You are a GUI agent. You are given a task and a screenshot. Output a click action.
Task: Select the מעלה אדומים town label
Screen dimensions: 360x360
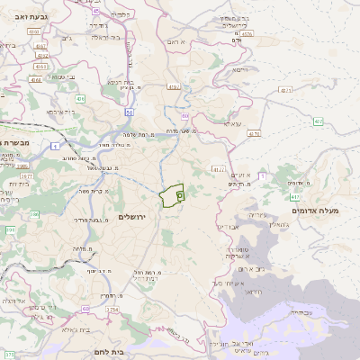click(x=319, y=211)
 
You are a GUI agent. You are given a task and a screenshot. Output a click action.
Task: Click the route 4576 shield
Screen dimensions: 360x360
click(x=247, y=34)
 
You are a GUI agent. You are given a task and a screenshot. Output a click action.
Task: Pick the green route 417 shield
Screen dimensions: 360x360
click(x=294, y=194)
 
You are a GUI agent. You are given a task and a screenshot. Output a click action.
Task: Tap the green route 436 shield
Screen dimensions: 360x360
click(x=80, y=98)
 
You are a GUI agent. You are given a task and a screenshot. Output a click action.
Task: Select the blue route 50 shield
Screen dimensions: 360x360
click(x=130, y=112)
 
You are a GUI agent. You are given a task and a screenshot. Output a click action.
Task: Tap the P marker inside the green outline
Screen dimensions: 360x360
click(x=179, y=192)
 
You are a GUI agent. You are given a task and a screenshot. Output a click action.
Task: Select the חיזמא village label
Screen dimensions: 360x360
click(x=239, y=69)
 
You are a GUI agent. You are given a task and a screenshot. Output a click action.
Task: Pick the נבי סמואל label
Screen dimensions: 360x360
click(x=69, y=76)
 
